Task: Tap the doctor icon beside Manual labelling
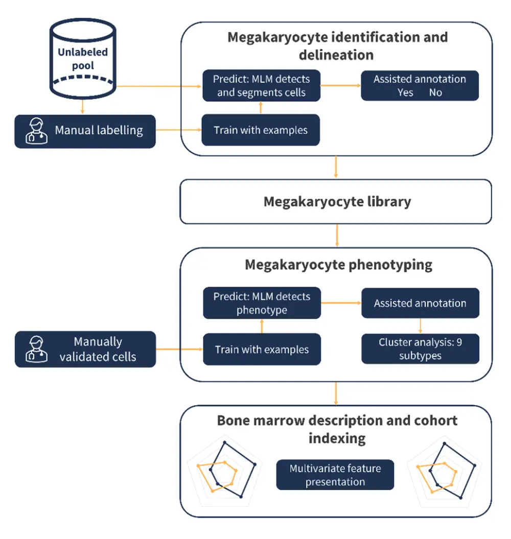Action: pyautogui.click(x=36, y=131)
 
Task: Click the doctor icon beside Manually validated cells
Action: pyautogui.click(x=36, y=349)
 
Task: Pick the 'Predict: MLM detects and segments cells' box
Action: pyautogui.click(x=261, y=86)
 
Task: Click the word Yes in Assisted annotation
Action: pyautogui.click(x=405, y=93)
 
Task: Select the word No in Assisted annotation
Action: pyautogui.click(x=435, y=93)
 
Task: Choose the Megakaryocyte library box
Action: pyautogui.click(x=336, y=201)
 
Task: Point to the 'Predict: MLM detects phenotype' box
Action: pyautogui.click(x=262, y=303)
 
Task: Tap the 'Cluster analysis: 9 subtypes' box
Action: pyautogui.click(x=420, y=349)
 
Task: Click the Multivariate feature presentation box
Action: pyautogui.click(x=335, y=475)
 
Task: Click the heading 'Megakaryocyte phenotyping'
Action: pyautogui.click(x=338, y=265)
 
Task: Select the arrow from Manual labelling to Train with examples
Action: pyautogui.click(x=178, y=130)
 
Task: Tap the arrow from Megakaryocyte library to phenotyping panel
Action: pyautogui.click(x=336, y=236)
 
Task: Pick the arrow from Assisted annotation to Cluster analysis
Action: pyautogui.click(x=420, y=325)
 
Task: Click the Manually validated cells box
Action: pyautogui.click(x=97, y=349)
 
